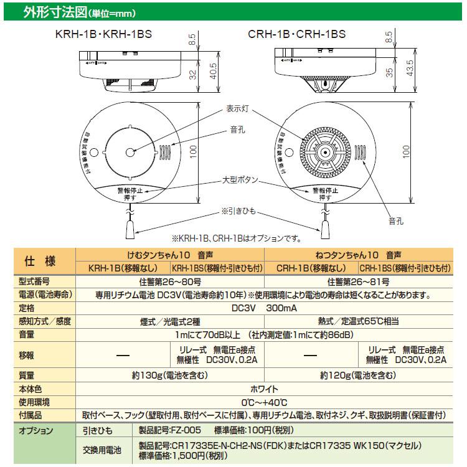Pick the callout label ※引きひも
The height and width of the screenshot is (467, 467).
point(236,210)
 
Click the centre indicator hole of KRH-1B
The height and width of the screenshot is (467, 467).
point(130,152)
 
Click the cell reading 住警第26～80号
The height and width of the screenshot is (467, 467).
point(169,281)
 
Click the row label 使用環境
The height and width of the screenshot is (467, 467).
point(34,402)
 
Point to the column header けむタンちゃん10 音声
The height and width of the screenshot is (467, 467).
point(169,255)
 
